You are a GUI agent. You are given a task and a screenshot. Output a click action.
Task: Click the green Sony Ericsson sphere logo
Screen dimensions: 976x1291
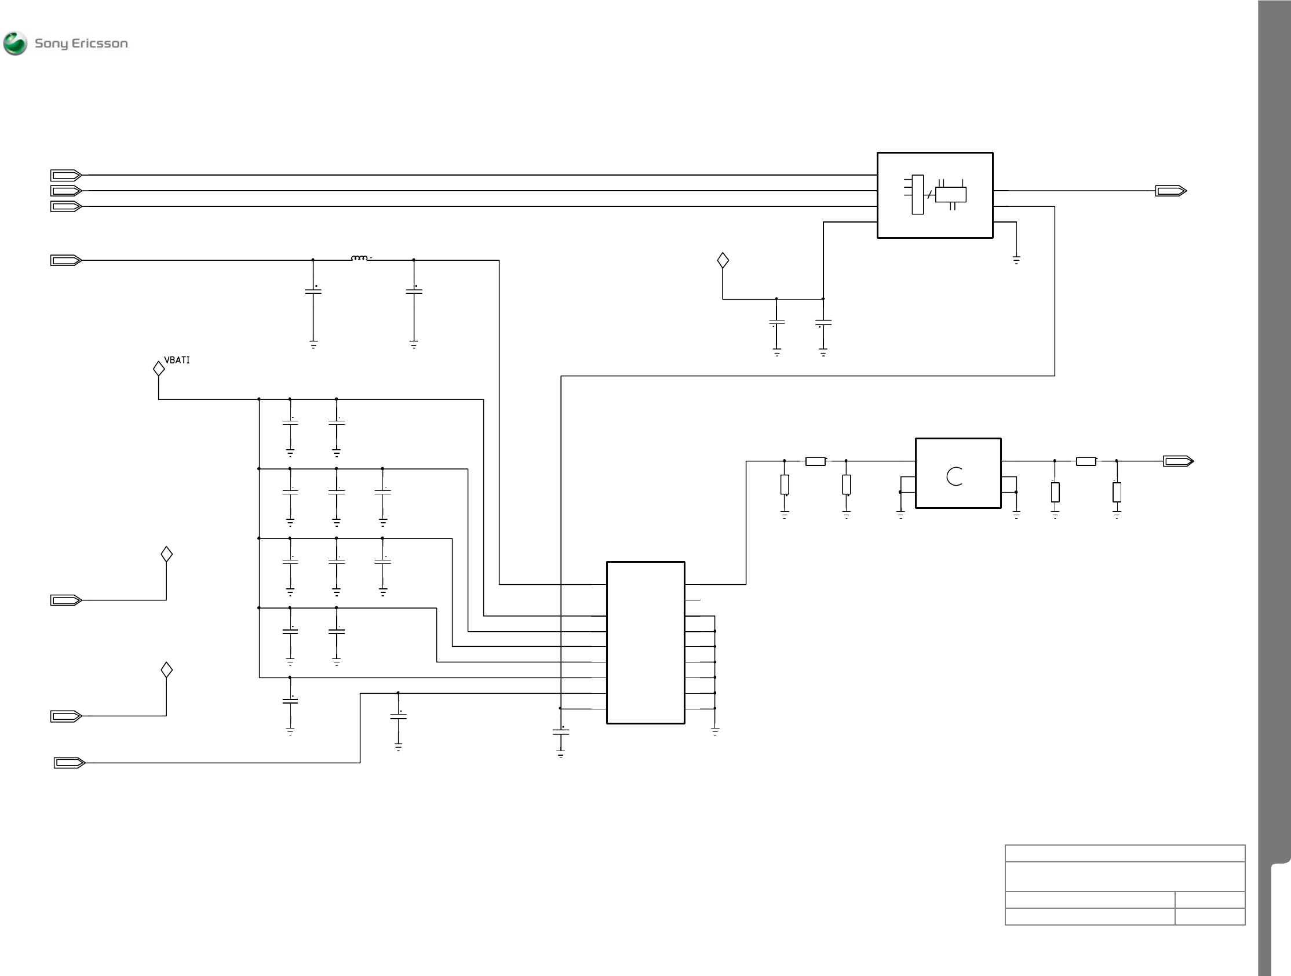tap(15, 43)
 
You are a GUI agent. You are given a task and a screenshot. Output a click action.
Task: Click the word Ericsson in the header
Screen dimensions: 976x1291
tap(99, 43)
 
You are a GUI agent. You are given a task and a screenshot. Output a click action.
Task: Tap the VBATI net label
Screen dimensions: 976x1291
tap(177, 360)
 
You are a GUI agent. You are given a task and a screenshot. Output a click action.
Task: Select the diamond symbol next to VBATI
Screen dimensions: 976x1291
tap(159, 369)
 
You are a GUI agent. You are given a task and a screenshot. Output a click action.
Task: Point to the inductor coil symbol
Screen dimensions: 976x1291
tap(359, 258)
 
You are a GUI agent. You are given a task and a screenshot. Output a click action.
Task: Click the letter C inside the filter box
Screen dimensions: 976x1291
tap(954, 476)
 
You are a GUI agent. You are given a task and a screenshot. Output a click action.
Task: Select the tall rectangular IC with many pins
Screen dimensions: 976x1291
tap(645, 642)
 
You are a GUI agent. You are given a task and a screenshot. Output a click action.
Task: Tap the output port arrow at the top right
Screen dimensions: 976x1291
tap(1171, 191)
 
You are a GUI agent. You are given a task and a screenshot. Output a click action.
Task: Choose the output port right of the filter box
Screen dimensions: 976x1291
tap(1179, 461)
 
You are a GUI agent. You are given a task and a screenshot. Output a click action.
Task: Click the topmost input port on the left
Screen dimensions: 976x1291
tap(65, 175)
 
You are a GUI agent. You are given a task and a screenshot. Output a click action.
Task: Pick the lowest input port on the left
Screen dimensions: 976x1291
tap(70, 762)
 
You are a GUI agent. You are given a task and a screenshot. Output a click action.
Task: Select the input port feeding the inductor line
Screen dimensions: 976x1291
tap(65, 260)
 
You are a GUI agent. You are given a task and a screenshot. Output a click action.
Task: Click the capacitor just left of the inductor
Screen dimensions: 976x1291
tap(313, 291)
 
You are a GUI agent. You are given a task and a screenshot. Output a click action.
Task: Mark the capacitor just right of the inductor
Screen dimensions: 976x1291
tap(414, 291)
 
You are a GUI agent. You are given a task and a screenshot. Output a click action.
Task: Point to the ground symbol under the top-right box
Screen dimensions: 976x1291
tap(1016, 260)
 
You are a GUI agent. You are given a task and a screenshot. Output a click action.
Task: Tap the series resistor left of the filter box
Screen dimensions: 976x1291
tap(815, 461)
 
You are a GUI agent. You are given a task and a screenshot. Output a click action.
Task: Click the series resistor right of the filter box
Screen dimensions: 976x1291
tap(1085, 461)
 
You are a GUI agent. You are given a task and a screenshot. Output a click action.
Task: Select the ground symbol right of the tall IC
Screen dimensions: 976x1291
tap(715, 731)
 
